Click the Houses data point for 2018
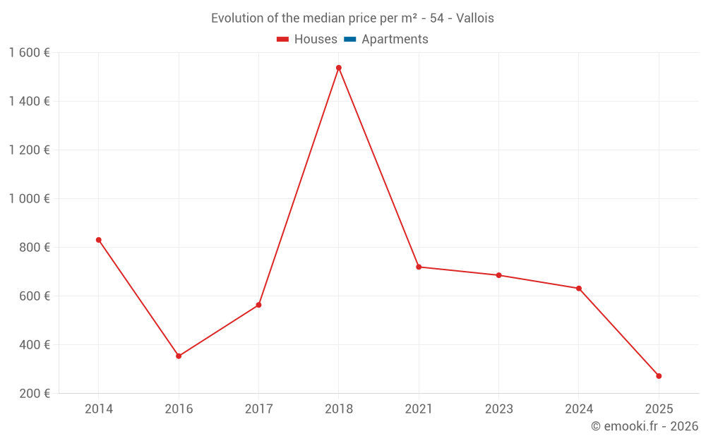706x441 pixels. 339,68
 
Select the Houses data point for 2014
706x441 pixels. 99,240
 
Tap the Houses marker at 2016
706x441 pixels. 179,356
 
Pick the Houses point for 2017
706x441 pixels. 258,305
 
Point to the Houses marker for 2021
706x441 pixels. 419,267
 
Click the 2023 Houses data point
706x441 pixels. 498,275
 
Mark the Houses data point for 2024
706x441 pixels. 579,289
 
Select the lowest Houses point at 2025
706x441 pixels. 659,376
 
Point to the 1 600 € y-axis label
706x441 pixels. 29,52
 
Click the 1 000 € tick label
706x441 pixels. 29,198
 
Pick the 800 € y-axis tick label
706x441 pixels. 34,248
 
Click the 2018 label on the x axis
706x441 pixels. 339,409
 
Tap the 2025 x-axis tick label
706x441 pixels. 659,409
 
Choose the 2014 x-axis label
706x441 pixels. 99,409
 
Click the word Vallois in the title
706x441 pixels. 475,18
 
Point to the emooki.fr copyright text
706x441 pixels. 644,426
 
